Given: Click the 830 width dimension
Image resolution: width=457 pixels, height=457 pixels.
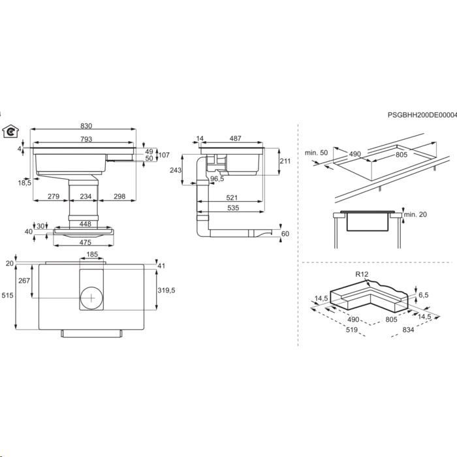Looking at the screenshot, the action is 86,126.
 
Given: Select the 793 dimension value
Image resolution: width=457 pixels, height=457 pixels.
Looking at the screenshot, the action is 86,139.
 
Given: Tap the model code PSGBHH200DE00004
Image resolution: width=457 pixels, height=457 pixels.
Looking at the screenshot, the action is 422,115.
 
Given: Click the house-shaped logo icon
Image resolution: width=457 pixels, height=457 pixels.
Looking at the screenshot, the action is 10,131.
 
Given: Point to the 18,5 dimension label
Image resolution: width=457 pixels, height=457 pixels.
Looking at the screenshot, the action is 25,183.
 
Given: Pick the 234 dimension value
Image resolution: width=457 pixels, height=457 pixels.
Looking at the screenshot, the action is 86,197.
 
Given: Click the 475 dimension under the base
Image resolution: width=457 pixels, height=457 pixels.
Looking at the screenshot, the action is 85,242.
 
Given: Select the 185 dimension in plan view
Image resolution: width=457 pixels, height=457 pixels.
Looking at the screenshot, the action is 92,255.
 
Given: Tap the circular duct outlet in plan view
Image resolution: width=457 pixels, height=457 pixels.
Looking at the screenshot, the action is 91,298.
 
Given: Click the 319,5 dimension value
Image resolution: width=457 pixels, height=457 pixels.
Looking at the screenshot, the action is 166,291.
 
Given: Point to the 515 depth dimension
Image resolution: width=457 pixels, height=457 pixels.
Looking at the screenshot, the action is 8,295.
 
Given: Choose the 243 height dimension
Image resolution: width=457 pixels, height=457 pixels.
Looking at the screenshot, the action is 176,170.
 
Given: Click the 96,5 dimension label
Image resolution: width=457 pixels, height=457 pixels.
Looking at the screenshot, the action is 217,179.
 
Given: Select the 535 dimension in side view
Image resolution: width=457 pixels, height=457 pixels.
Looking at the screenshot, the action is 233,208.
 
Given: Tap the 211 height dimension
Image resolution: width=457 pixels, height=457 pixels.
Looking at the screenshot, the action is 285,161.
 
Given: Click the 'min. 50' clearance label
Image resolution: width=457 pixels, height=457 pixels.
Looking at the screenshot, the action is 316,153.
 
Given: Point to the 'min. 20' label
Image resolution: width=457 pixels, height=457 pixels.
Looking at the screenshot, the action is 415,215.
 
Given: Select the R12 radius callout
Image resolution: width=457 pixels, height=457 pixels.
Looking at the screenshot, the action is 362,274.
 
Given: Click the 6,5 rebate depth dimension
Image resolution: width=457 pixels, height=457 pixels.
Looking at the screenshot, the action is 424,295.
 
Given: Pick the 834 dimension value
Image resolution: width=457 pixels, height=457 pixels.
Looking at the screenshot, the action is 408,330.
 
